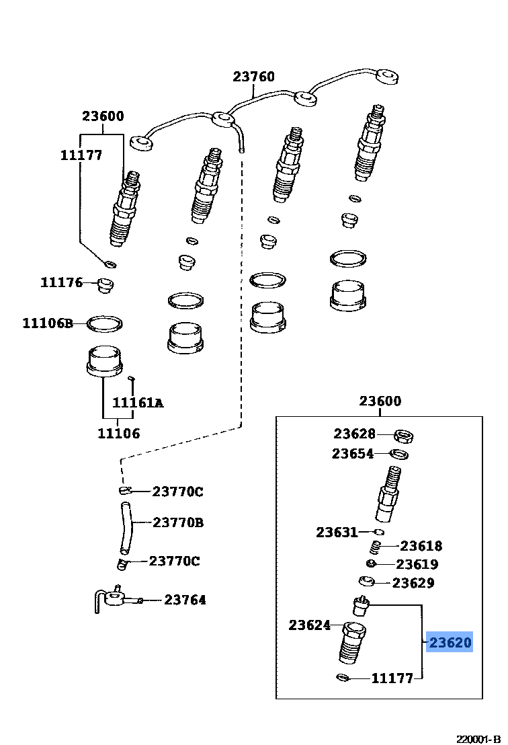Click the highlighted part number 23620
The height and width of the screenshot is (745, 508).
pos(450,643)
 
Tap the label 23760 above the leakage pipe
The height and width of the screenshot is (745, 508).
pos(254,77)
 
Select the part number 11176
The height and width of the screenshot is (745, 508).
pos(61,282)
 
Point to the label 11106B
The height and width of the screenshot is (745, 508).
pos(48,323)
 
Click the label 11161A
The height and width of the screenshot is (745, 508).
pos(138,403)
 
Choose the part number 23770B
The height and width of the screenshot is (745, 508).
pos(178,522)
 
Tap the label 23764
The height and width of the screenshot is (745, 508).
pos(185,600)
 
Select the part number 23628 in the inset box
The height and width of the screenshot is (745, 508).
pos(354,434)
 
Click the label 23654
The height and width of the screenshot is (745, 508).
pos(352,454)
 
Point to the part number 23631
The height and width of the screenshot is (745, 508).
pos(337,533)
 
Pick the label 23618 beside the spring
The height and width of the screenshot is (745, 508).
pos(421,546)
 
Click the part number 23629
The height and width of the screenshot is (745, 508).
pos(413,583)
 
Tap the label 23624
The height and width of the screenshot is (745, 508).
pos(310,625)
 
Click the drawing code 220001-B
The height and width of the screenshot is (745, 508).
pos(479,738)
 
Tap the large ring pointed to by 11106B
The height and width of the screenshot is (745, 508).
pos(105,324)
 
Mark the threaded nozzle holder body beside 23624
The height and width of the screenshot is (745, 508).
pos(353,643)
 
